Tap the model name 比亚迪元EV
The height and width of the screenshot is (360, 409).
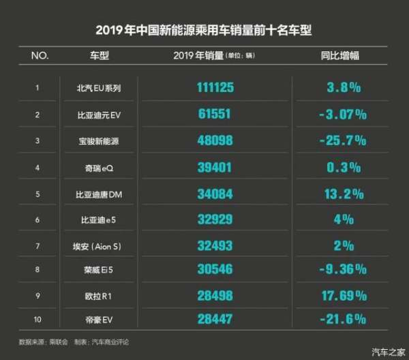(x=100, y=115)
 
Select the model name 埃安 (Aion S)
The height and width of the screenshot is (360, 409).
(x=100, y=245)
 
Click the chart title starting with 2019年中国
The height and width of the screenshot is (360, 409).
(x=204, y=31)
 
